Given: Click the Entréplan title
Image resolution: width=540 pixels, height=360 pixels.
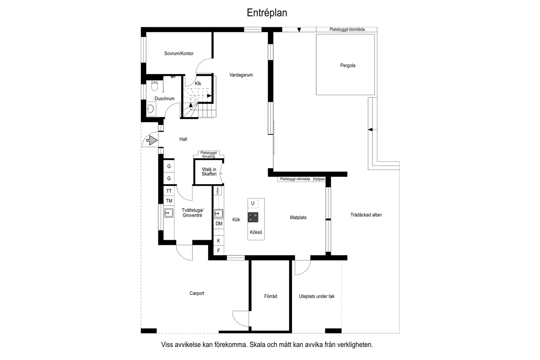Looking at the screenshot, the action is tap(267, 13).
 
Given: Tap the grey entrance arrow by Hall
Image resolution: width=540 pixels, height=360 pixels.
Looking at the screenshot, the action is tap(152, 140).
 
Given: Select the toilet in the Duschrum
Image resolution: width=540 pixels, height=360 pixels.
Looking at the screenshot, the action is tap(154, 85).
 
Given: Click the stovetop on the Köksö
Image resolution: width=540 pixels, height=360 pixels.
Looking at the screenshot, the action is tap(253, 217).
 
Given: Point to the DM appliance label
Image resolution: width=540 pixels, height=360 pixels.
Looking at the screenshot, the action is tap(219, 224).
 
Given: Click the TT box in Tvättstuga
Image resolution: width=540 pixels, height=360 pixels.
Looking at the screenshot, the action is tap(169, 191).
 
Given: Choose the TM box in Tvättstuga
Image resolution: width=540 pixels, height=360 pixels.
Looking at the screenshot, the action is tap(169, 201).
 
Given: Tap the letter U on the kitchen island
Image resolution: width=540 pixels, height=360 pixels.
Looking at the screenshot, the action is tap(253, 203).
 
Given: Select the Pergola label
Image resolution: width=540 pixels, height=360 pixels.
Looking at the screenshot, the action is tap(348, 66).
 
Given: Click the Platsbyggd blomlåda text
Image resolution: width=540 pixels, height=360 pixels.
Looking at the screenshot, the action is tap(347, 29).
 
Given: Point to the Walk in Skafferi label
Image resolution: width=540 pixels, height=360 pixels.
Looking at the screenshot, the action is tap(209, 172).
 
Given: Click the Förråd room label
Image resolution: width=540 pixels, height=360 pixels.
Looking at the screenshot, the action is tap(270, 296).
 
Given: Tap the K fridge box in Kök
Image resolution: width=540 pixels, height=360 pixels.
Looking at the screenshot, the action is tap(218, 240).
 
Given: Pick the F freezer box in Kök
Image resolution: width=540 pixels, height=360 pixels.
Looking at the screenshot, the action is tap(219, 251).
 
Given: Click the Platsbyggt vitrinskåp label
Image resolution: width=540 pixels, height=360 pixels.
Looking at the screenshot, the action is tap(295, 179).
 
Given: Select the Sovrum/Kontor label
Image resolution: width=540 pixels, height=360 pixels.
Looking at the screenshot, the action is tap(179, 54).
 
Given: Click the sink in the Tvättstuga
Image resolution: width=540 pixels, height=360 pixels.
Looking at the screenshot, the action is tap(169, 213).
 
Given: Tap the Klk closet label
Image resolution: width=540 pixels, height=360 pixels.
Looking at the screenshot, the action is tap(198, 84).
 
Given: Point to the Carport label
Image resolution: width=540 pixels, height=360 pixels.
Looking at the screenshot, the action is tap(197, 293).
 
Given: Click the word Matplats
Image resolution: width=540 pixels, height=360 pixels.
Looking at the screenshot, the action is tap(298, 218).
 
